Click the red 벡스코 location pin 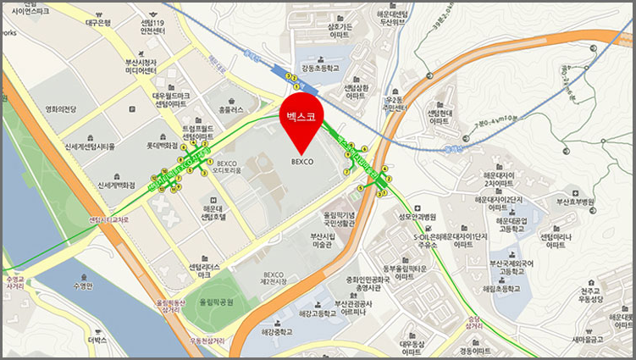[x=302, y=123]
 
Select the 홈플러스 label [x=230, y=110]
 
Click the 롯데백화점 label [x=173, y=146]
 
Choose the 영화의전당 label [x=61, y=108]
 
